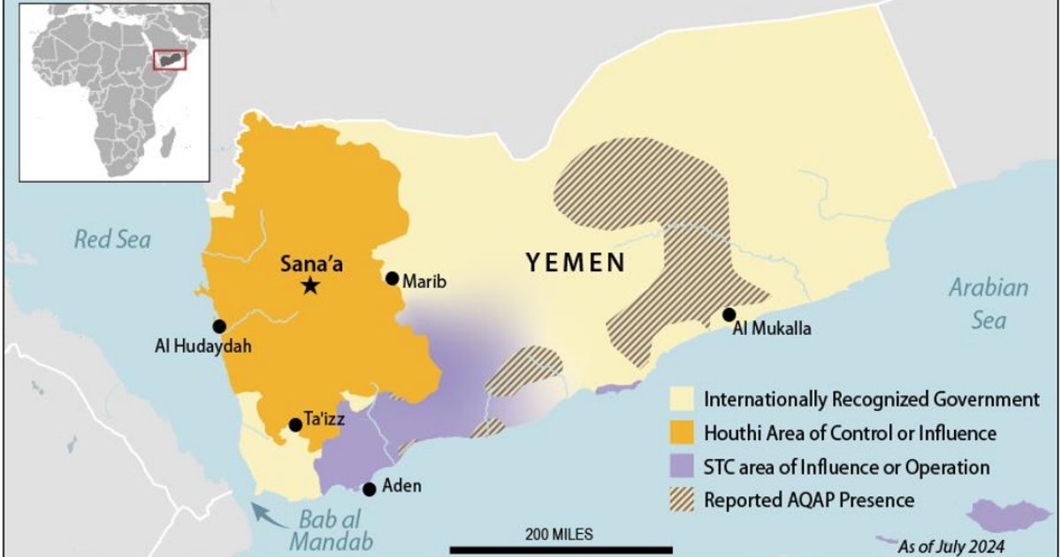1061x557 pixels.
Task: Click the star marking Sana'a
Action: (309, 285)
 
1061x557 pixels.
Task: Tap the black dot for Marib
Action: (393, 278)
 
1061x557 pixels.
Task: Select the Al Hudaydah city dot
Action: (219, 326)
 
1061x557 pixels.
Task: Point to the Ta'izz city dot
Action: (295, 425)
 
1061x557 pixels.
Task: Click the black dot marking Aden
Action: (370, 489)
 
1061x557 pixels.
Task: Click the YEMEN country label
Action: (576, 262)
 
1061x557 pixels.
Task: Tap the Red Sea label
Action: (112, 239)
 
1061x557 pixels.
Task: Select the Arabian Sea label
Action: (988, 302)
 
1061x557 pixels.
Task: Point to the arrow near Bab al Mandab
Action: (263, 514)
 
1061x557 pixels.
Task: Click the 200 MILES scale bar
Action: (559, 549)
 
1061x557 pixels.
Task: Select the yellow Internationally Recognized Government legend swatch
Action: (683, 400)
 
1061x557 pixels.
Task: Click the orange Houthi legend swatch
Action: (683, 433)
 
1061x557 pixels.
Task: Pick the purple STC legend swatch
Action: (683, 467)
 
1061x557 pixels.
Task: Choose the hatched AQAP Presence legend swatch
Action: (683, 500)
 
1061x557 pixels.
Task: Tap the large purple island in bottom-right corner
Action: (1007, 515)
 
